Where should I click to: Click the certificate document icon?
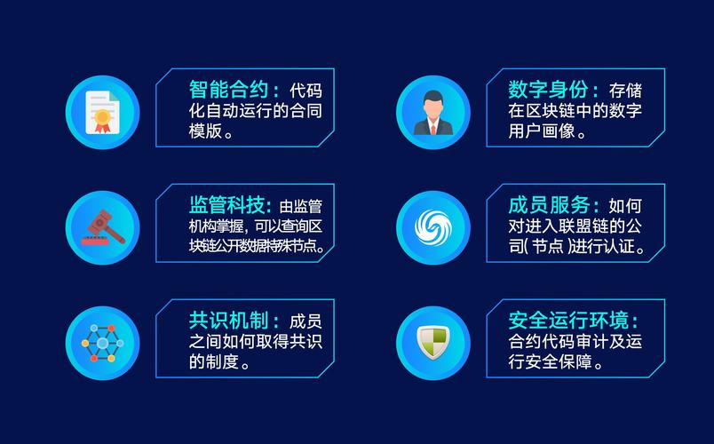coord(103,113)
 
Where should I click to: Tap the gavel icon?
coord(103,226)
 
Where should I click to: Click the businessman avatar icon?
coord(432,113)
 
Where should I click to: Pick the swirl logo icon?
coord(432,226)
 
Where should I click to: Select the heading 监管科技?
coord(228,204)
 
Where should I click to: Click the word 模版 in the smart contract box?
coord(205,132)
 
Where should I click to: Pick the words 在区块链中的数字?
coord(575,111)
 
